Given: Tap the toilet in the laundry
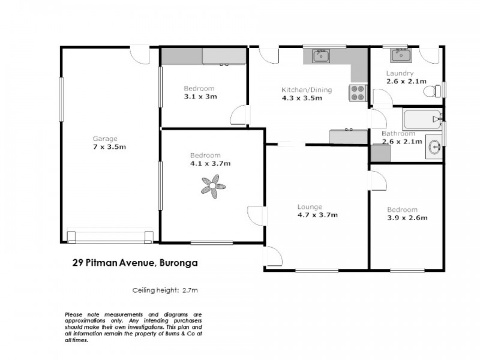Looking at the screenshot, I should [431, 91].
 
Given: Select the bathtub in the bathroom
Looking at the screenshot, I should [422, 118].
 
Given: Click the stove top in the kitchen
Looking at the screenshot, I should [358, 92].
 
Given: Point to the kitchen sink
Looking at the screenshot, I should [320, 56].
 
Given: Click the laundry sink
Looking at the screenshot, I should [400, 56].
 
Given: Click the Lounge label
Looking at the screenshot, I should [310, 207].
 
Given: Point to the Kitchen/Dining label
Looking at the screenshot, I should [307, 90].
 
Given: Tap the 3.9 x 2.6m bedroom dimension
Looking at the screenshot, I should [407, 218].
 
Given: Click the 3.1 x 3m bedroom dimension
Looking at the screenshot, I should [200, 96].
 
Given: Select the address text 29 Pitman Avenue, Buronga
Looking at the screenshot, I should [134, 262].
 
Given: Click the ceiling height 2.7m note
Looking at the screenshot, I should [165, 290].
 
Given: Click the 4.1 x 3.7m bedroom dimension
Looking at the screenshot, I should [210, 163].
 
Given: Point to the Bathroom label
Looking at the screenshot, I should [398, 133].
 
